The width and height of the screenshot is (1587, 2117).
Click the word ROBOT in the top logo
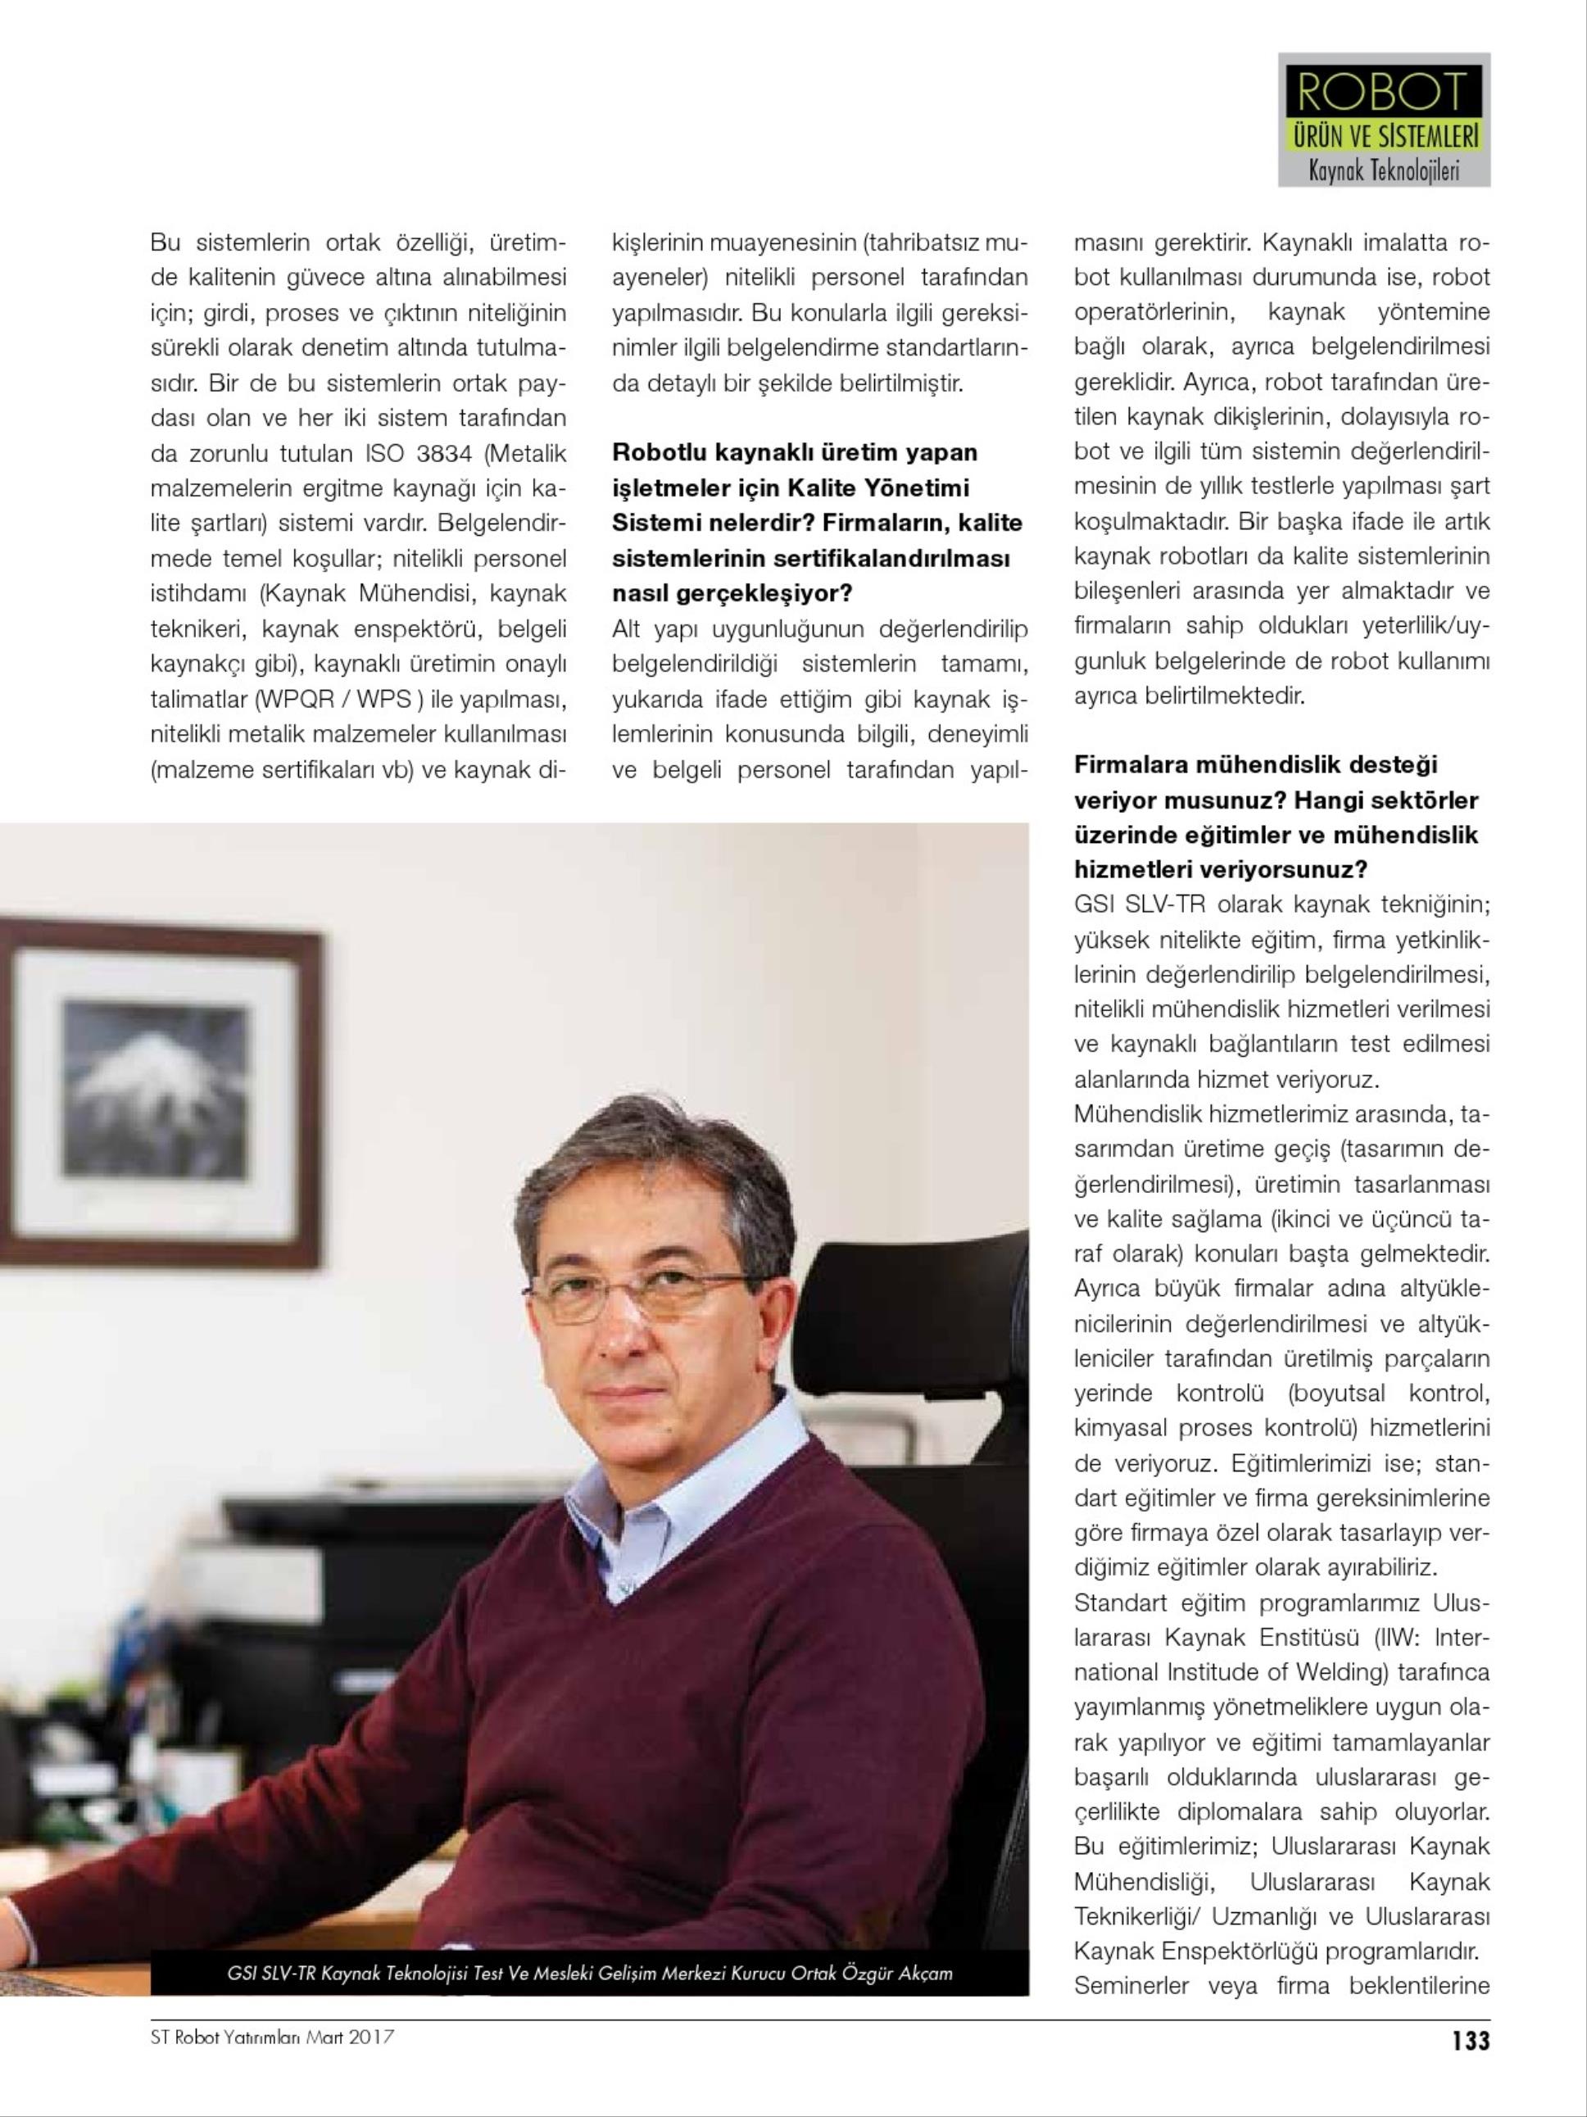pyautogui.click(x=1383, y=93)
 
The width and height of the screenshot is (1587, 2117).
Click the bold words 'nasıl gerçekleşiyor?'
pyautogui.click(x=732, y=593)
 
